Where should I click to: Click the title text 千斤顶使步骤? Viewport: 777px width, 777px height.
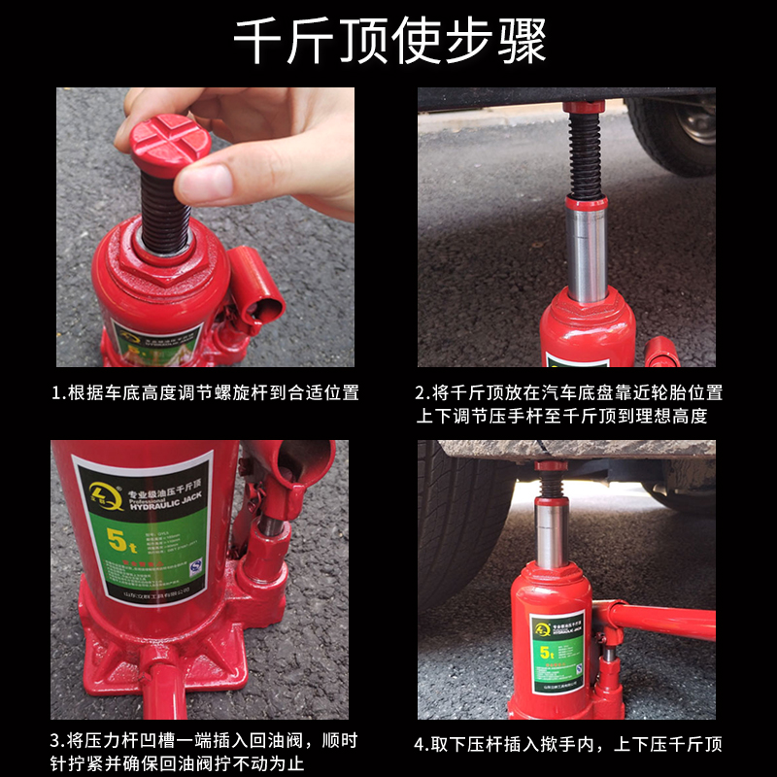coord(388,41)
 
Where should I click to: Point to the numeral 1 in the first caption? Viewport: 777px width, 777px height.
coord(57,393)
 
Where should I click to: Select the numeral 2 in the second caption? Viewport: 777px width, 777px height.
coord(421,393)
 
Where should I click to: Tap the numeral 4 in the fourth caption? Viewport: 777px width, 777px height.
coord(421,745)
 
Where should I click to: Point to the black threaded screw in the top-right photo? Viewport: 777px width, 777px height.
coord(586,151)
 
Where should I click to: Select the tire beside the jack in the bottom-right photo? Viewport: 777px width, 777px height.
coord(461,524)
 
